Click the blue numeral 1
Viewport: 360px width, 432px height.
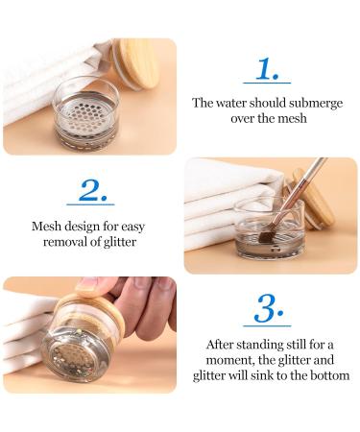pos(268,68)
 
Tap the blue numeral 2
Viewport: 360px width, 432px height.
pos(92,190)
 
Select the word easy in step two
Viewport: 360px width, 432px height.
pos(132,228)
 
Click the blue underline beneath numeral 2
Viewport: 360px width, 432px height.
pos(90,204)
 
